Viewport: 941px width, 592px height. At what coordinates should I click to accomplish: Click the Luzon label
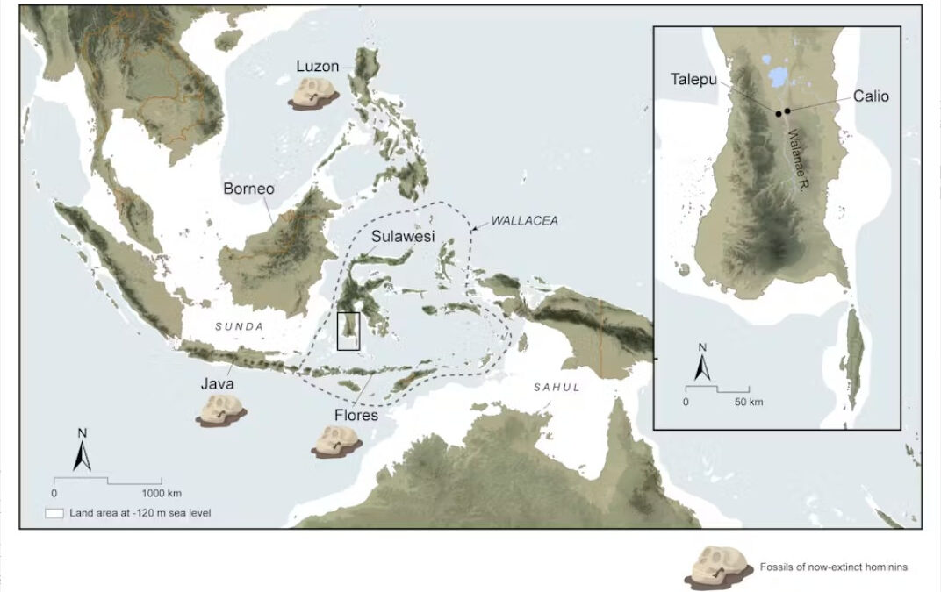pyautogui.click(x=318, y=66)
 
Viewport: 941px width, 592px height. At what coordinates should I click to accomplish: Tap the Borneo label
pyautogui.click(x=248, y=189)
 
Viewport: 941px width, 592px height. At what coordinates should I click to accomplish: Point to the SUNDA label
pyautogui.click(x=239, y=326)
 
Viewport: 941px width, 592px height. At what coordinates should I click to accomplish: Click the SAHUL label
pyautogui.click(x=557, y=387)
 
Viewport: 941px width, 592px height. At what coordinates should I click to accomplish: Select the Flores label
pyautogui.click(x=356, y=414)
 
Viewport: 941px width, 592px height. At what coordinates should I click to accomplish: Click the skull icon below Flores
pyautogui.click(x=335, y=440)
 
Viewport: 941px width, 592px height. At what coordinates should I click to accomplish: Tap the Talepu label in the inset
pyautogui.click(x=694, y=79)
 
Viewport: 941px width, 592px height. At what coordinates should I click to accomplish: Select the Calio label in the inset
pyautogui.click(x=871, y=96)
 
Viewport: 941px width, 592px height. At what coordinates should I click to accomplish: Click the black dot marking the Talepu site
pyautogui.click(x=779, y=113)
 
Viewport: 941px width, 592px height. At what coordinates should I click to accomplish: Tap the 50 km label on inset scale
pyautogui.click(x=748, y=401)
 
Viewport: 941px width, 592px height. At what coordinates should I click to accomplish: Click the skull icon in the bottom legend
pyautogui.click(x=719, y=568)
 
